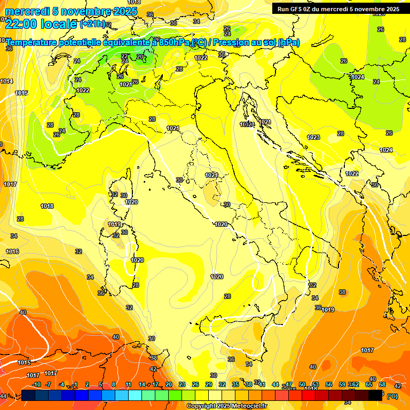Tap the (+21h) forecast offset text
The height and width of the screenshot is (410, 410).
(92, 24)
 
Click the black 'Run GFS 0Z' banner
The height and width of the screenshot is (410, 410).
(337, 9)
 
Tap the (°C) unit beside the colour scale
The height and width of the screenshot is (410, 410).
(392, 396)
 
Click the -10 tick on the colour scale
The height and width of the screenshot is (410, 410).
(36, 384)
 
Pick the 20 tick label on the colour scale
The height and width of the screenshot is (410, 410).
(169, 384)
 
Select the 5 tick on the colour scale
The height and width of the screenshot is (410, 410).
(101, 384)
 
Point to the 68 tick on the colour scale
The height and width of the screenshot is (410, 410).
(382, 384)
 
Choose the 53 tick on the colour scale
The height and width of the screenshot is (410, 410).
(316, 384)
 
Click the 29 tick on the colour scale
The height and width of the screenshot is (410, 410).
(209, 384)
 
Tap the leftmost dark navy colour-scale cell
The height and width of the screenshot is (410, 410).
(29, 395)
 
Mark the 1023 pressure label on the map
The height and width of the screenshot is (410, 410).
(313, 137)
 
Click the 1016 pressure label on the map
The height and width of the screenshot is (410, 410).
(12, 251)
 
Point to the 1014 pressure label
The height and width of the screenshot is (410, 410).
(6, 81)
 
